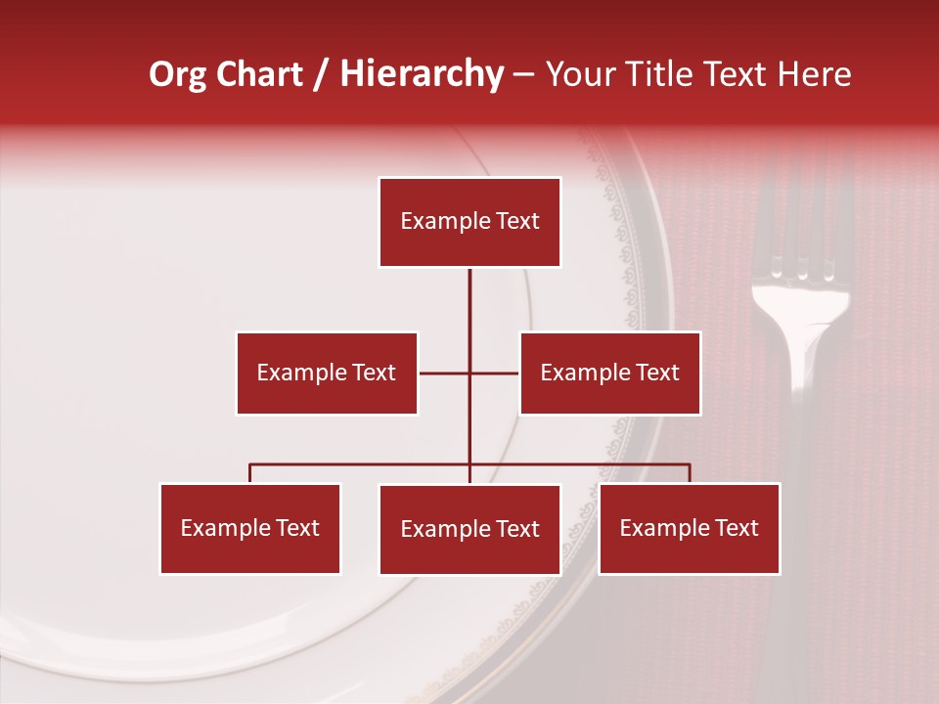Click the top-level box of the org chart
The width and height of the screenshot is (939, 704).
click(x=469, y=222)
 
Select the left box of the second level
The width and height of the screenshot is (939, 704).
click(x=327, y=373)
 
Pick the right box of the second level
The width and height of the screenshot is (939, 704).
click(x=609, y=373)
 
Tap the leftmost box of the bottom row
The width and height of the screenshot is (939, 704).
click(x=250, y=528)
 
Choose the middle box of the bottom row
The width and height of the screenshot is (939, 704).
click(x=469, y=529)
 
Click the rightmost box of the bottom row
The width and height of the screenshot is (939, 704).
click(x=689, y=528)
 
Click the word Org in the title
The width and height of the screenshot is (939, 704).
click(x=176, y=74)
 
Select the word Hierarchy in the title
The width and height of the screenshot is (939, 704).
click(x=421, y=74)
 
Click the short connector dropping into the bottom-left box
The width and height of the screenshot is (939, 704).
click(x=250, y=473)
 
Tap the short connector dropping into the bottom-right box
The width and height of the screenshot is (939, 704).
click(x=690, y=473)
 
